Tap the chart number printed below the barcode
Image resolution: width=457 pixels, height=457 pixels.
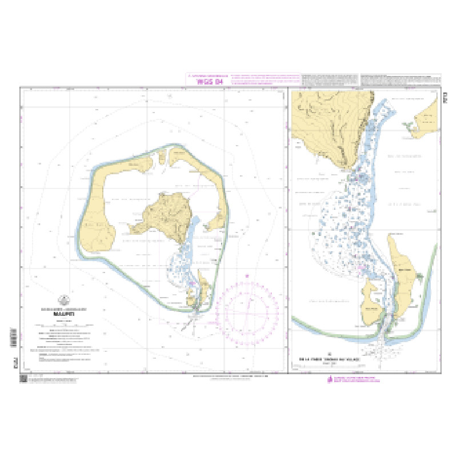click(x=14, y=358)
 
